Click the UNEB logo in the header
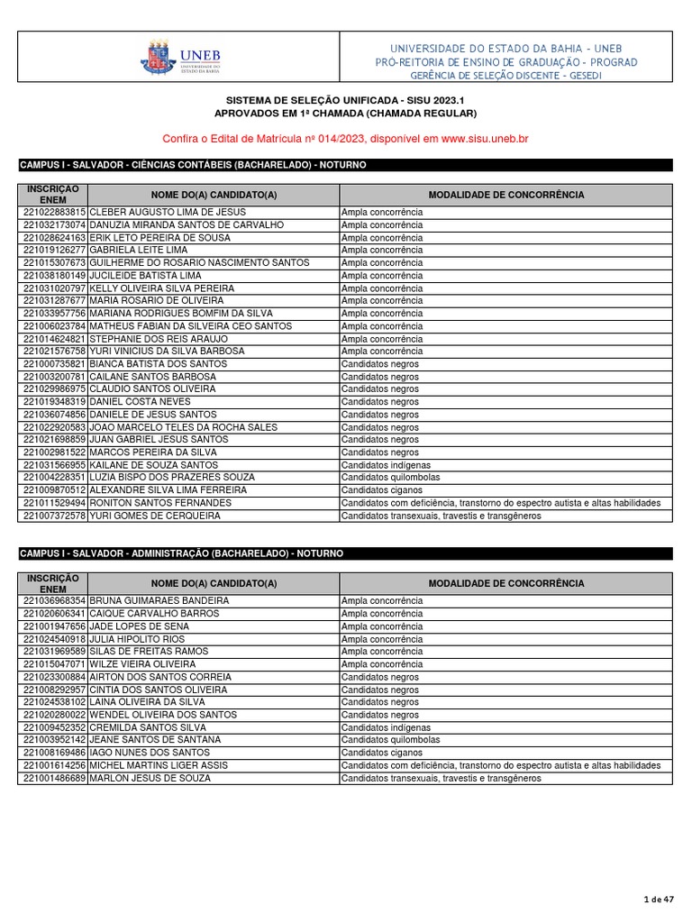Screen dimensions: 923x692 [181, 57]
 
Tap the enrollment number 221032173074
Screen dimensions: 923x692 [54, 224]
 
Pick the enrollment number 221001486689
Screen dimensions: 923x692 [54, 778]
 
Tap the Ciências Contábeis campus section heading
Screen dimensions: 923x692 [193, 166]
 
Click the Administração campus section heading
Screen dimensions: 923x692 [181, 553]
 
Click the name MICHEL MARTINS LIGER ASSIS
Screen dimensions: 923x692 [159, 765]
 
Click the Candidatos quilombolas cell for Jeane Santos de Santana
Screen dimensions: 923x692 [390, 740]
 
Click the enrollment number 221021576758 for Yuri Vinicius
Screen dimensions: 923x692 [54, 352]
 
